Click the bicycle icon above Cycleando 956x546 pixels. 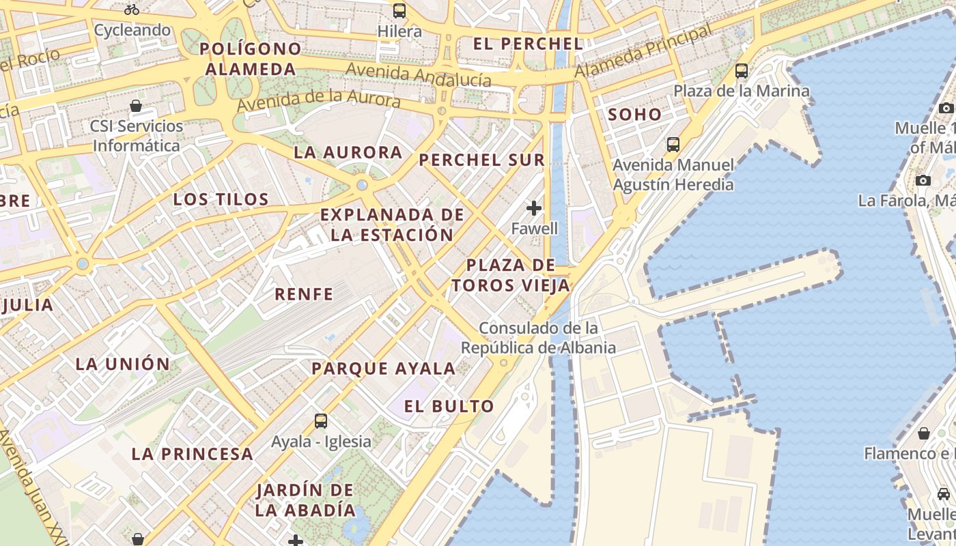point(132,10)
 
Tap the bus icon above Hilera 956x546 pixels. point(399,11)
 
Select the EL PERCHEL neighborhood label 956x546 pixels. point(528,44)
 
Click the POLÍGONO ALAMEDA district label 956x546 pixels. point(251,59)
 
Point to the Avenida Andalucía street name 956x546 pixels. point(418,74)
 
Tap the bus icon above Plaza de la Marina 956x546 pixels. point(741,71)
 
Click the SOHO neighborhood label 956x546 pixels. point(635,115)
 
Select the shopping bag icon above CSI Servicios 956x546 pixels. point(136,106)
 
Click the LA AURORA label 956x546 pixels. point(348,153)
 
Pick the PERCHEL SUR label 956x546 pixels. point(482,160)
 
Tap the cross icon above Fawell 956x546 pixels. point(534,207)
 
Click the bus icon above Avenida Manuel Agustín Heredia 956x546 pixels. point(673,145)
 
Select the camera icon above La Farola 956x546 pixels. point(923,181)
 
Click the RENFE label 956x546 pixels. point(304,295)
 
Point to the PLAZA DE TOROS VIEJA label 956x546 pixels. point(511,275)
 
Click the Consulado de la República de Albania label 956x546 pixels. point(538,338)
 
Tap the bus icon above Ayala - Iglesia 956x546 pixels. point(321,421)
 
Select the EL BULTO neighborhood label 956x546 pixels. point(449,407)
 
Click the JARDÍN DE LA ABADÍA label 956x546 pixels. point(305,500)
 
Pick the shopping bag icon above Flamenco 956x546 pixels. point(923,434)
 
